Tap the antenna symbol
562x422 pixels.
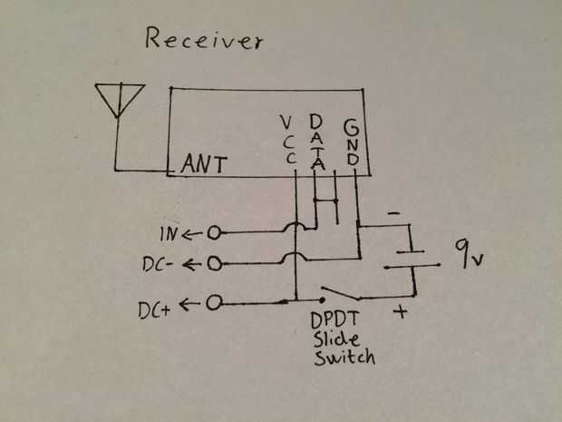pos(120,100)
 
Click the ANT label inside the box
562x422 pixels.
pos(203,164)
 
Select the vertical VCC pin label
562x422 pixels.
pos(288,140)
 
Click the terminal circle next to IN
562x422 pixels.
pos(214,233)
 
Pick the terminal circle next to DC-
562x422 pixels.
pos(214,263)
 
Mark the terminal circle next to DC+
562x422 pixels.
pos(214,302)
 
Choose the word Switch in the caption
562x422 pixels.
pos(344,358)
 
